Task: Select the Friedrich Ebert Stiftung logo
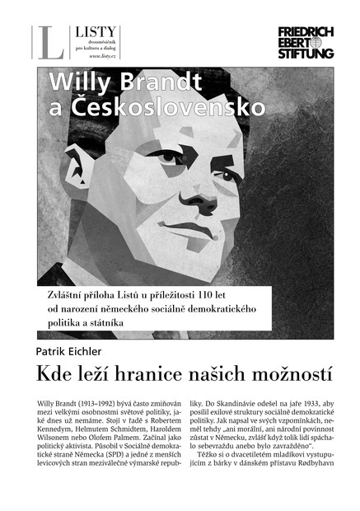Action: [x=306, y=42]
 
